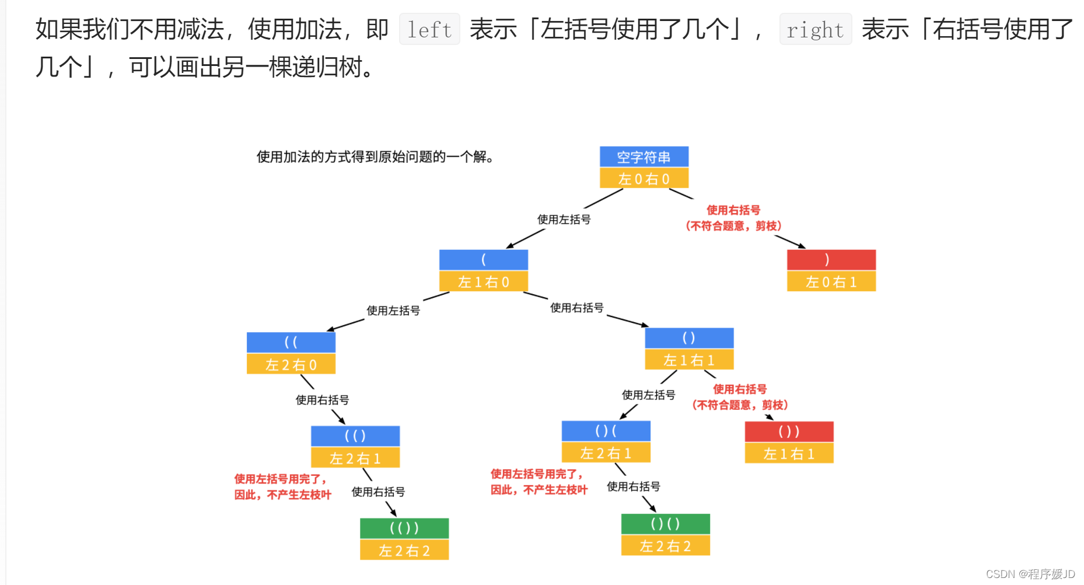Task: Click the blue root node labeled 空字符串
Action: point(644,157)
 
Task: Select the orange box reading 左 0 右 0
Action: point(644,179)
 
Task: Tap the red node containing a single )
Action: point(831,260)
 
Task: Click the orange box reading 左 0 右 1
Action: point(831,282)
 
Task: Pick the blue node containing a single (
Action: point(484,260)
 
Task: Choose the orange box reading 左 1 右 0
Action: point(484,282)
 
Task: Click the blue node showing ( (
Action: point(291,343)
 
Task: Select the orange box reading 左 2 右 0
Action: point(291,365)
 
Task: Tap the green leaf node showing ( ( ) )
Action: point(404,528)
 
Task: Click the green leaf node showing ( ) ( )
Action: point(666,524)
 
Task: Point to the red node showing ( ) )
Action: point(789,431)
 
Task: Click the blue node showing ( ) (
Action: point(606,431)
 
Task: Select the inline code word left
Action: point(429,29)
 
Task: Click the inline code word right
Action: point(815,29)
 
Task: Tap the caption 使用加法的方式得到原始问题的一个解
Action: point(375,156)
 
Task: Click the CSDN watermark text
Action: point(1030,574)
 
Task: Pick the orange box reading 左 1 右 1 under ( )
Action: point(689,360)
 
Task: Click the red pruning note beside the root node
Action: point(733,218)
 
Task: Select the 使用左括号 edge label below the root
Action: point(564,220)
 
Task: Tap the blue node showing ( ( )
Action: point(355,436)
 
